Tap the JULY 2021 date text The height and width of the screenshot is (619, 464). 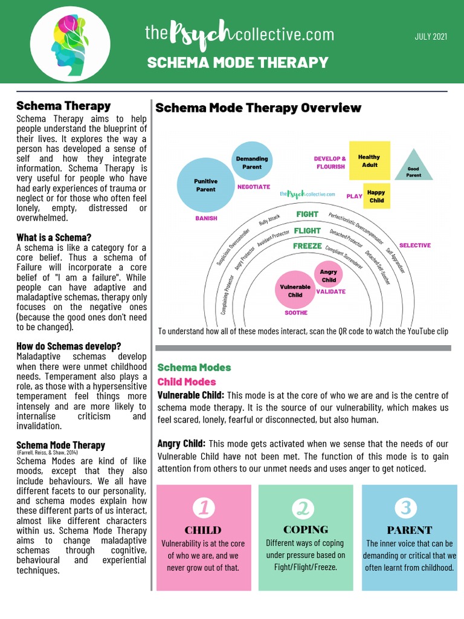[431, 37]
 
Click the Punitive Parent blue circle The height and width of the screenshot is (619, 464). [205, 185]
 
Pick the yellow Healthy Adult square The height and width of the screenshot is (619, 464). [370, 161]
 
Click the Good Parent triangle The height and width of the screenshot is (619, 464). [414, 166]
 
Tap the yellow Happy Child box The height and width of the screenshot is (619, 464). [376, 196]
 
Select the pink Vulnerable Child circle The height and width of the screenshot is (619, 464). [295, 290]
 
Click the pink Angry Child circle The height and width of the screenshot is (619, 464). [329, 276]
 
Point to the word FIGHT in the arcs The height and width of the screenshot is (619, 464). [307, 214]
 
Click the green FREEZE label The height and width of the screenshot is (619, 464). [308, 246]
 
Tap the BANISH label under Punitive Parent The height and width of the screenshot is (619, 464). [205, 218]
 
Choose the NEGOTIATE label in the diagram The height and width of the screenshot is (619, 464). [254, 187]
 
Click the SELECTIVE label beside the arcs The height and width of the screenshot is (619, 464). [415, 245]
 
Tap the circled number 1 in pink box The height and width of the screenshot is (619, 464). [204, 507]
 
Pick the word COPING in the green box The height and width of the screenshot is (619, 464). [306, 530]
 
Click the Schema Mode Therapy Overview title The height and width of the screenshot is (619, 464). [259, 108]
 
